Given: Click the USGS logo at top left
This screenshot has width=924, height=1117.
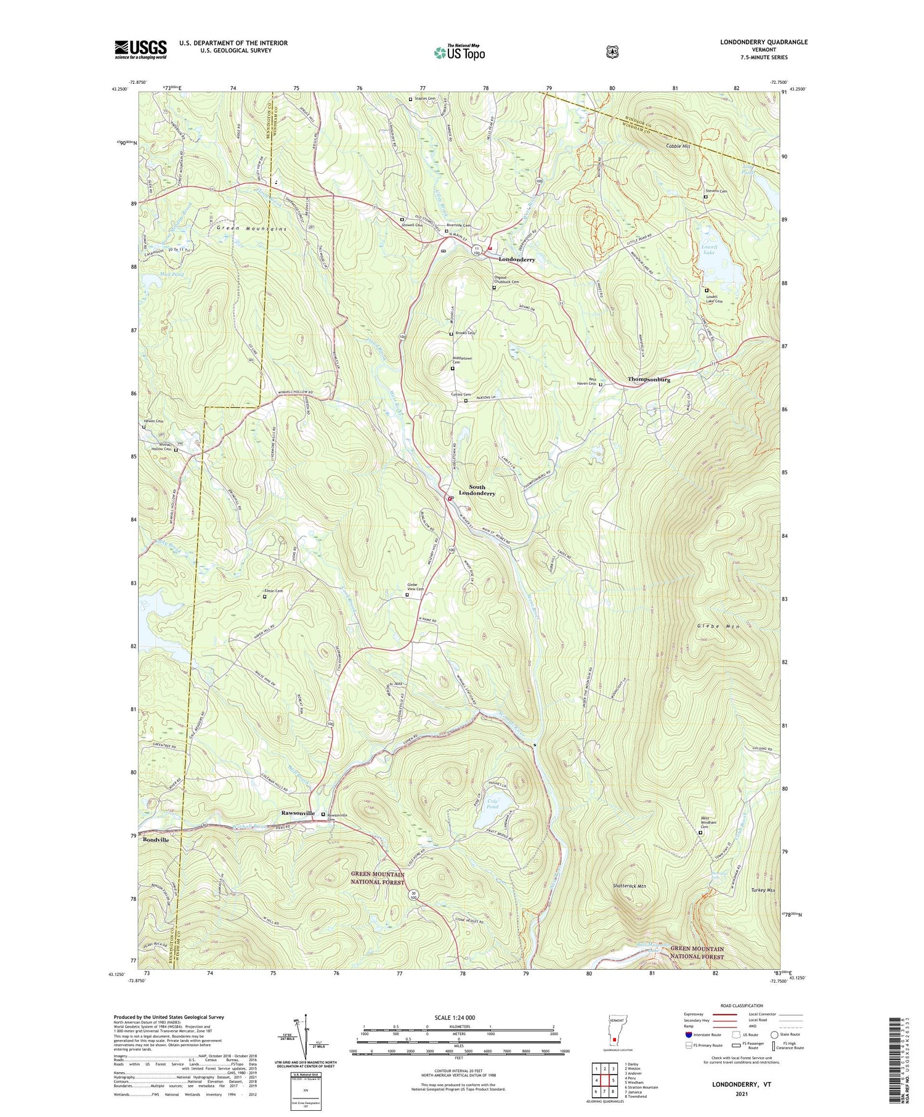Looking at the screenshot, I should pyautogui.click(x=140, y=49).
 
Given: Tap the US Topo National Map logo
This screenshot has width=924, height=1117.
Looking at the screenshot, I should pyautogui.click(x=460, y=52).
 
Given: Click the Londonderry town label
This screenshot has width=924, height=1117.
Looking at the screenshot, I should pyautogui.click(x=516, y=259).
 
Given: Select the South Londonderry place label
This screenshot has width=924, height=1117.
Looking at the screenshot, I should pyautogui.click(x=477, y=490).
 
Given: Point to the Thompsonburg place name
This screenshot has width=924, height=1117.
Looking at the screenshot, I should pyautogui.click(x=649, y=380).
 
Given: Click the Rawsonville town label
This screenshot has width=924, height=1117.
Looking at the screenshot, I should pyautogui.click(x=298, y=813).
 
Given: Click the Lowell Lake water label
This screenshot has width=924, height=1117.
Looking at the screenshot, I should pyautogui.click(x=709, y=250).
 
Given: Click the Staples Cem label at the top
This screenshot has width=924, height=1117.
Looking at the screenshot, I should pyautogui.click(x=426, y=99).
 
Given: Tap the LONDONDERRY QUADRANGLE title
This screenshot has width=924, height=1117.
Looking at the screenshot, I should pyautogui.click(x=764, y=42).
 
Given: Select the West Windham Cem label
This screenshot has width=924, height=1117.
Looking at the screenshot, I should pyautogui.click(x=708, y=822).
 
